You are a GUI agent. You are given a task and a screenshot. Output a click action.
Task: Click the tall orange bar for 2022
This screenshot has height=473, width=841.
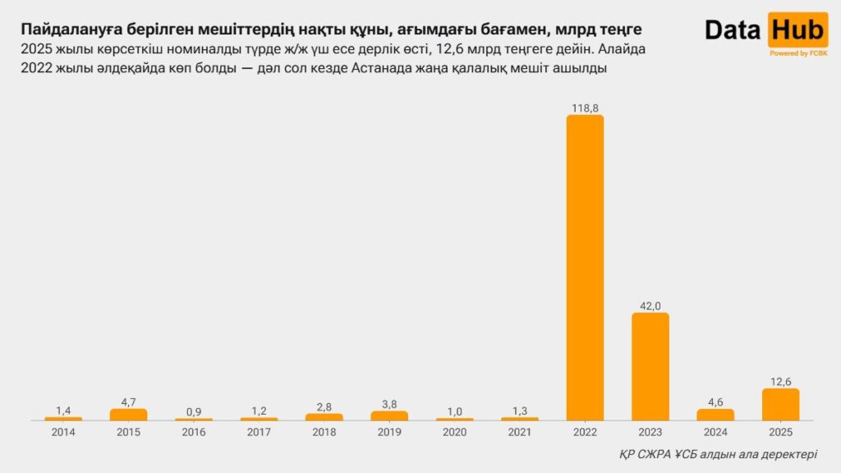[x=585, y=267]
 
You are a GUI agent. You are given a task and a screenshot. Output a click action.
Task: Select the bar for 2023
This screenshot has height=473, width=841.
[x=650, y=366]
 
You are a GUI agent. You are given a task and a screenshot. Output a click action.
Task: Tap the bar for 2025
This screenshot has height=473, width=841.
[x=780, y=404]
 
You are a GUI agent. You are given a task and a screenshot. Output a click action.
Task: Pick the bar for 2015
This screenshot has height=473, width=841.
[x=128, y=415]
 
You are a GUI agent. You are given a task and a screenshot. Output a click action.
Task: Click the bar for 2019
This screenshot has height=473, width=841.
[x=389, y=416]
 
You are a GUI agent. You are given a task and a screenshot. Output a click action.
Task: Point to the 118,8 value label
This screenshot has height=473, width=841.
[x=585, y=108]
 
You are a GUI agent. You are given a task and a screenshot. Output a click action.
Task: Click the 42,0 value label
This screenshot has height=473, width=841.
[x=650, y=305]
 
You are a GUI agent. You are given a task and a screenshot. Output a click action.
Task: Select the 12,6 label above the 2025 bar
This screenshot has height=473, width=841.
[x=780, y=381]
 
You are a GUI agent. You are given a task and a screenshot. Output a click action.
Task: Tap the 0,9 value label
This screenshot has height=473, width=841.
[x=193, y=411]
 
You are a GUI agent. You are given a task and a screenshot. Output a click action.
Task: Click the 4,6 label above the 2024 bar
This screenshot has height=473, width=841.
[x=715, y=402]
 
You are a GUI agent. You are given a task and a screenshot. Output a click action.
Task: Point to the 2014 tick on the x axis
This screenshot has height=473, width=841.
[x=63, y=431]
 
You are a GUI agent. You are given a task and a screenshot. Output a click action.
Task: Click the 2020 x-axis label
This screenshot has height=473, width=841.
[x=454, y=431]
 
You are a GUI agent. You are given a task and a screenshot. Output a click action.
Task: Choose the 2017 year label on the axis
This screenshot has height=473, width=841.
[x=259, y=431]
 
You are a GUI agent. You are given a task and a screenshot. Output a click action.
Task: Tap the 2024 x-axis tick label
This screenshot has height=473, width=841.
[x=715, y=431]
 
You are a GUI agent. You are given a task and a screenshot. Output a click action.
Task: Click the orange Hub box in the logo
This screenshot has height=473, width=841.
[x=797, y=30]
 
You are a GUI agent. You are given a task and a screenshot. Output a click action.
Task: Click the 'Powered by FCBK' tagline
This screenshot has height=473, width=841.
[x=797, y=53]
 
